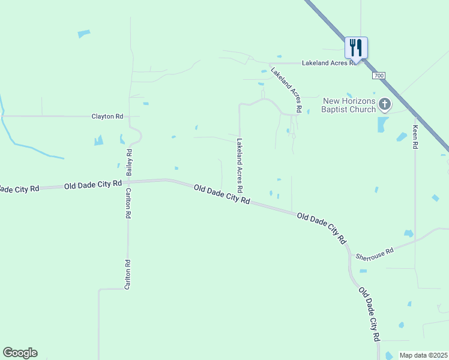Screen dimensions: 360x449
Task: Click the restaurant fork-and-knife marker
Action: pyautogui.click(x=356, y=47)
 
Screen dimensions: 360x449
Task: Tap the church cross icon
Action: pyautogui.click(x=385, y=106)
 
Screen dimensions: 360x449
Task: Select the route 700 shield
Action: pyautogui.click(x=378, y=76)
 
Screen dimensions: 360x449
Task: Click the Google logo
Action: pyautogui.click(x=20, y=353)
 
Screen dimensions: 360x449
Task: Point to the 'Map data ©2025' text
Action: pyautogui.click(x=424, y=355)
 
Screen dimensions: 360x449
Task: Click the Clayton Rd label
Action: pyautogui.click(x=107, y=116)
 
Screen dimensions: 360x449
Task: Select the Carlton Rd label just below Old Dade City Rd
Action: pyautogui.click(x=128, y=204)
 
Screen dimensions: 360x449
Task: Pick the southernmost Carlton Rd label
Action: pyautogui.click(x=127, y=275)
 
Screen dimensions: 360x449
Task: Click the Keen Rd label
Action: pyautogui.click(x=414, y=137)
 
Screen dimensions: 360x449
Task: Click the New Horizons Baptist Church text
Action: pyautogui.click(x=348, y=105)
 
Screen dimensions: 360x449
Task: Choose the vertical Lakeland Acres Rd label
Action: pyautogui.click(x=240, y=166)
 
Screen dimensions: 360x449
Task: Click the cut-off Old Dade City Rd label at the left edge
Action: pyautogui.click(x=19, y=189)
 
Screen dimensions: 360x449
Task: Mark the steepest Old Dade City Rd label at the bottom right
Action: pyautogui.click(x=369, y=314)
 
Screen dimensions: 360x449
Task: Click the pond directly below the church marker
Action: pyautogui.click(x=382, y=125)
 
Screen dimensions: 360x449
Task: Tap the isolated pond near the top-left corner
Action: pyautogui.click(x=83, y=34)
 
